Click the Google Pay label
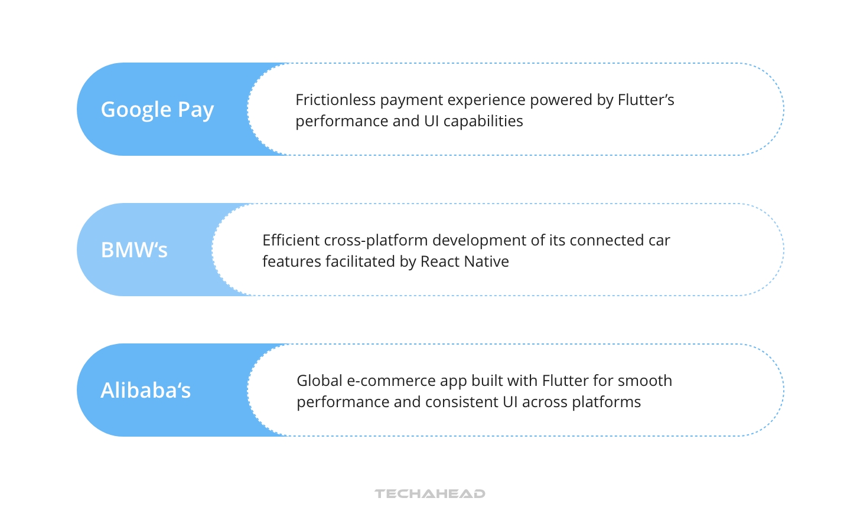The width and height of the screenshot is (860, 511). point(157,110)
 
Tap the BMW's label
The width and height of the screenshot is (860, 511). point(134,250)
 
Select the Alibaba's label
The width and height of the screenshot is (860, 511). point(145,391)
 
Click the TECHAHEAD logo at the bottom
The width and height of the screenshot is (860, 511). point(429,494)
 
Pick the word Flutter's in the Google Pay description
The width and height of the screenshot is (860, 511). point(646,100)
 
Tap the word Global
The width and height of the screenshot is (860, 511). point(319,381)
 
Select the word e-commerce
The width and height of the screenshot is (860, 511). point(389,381)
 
